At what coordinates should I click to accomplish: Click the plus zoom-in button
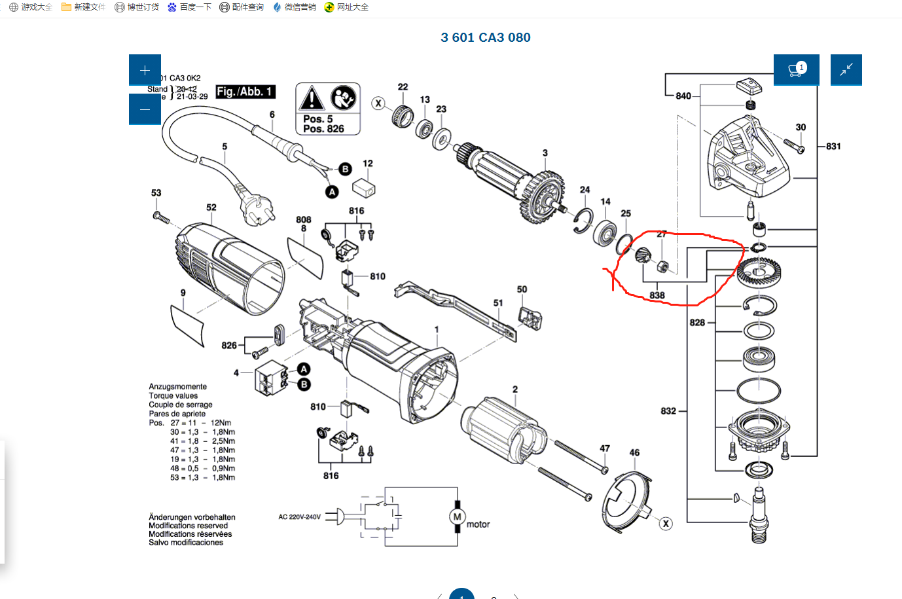(145, 70)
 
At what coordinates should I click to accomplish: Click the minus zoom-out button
(145, 109)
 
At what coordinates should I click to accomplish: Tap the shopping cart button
(796, 70)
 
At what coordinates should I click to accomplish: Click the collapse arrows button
(846, 70)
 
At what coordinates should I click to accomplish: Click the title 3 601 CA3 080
(485, 37)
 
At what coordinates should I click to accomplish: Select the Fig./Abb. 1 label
(245, 92)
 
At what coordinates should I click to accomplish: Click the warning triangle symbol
(312, 99)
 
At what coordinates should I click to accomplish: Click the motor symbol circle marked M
(457, 517)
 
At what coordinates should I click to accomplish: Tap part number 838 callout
(657, 295)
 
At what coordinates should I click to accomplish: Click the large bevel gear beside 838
(759, 270)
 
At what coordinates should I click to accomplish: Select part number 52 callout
(211, 208)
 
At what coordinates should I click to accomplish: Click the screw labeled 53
(161, 217)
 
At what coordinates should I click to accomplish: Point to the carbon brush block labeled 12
(363, 188)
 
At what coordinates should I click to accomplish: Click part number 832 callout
(668, 411)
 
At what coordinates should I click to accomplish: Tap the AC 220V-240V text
(299, 517)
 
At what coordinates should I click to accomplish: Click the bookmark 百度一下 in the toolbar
(189, 7)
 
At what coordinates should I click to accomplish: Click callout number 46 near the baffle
(634, 452)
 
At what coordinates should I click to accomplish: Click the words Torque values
(173, 395)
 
